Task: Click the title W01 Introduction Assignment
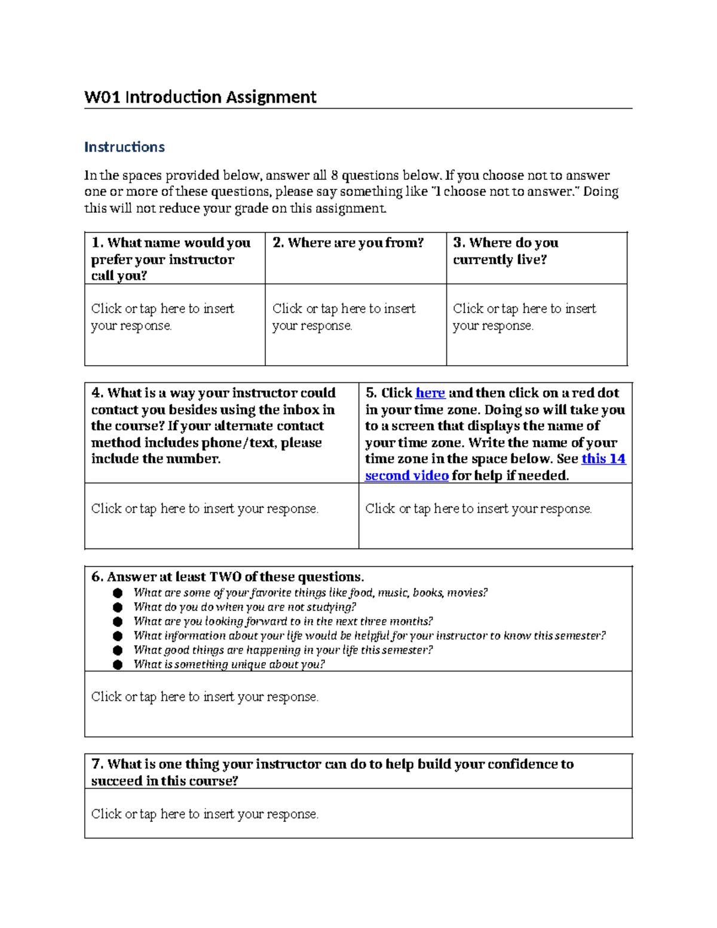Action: point(200,97)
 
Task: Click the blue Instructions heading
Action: point(124,147)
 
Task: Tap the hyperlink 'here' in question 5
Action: point(430,393)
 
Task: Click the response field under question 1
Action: point(163,317)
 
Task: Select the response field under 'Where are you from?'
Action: point(344,317)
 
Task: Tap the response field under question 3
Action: point(524,317)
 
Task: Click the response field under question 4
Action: point(204,509)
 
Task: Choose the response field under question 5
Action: point(478,509)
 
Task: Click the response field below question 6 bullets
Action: point(204,697)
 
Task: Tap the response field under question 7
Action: point(204,814)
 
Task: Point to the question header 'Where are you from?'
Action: point(348,243)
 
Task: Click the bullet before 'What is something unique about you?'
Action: point(118,664)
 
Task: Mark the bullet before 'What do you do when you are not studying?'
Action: point(118,607)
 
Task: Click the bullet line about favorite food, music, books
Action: point(310,593)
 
